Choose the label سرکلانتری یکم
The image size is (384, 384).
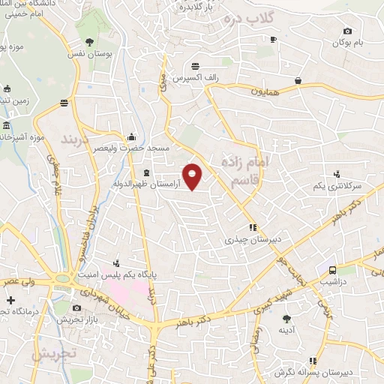pos(337,184)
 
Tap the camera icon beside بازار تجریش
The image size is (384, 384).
pos(76,308)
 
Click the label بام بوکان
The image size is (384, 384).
pos(348,43)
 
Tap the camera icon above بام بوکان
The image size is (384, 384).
pos(347,31)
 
